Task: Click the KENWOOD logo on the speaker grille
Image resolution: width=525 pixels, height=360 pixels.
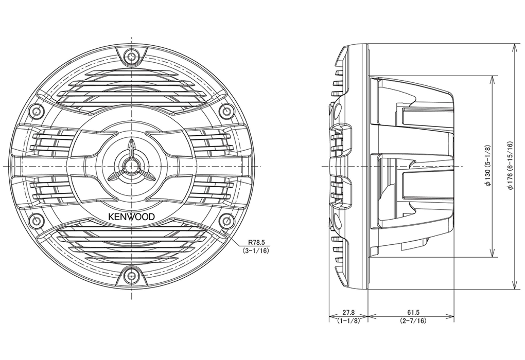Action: [x=131, y=217]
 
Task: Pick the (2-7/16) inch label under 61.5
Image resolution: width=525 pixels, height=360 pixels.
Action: [x=412, y=321]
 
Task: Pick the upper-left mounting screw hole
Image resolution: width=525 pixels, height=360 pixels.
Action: [x=37, y=111]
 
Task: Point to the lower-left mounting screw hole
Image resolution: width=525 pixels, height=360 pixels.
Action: [x=37, y=222]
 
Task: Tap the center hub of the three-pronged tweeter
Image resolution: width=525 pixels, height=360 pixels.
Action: [x=132, y=166]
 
